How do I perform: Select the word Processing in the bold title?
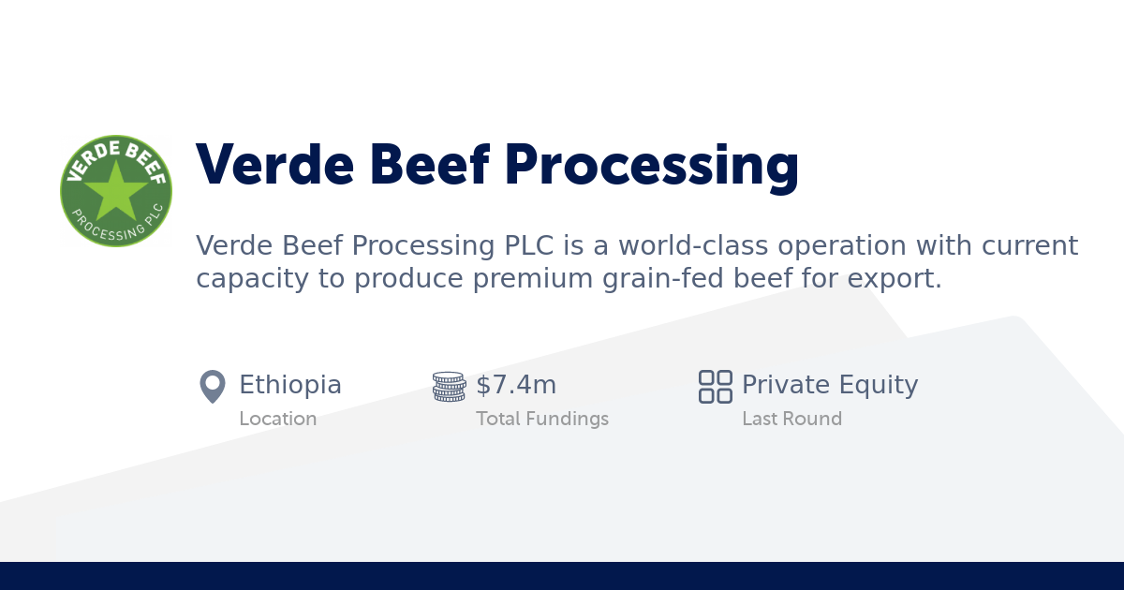pos(651,165)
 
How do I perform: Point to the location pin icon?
pos(213,386)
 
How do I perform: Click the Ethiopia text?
pos(290,385)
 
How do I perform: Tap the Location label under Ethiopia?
pos(277,419)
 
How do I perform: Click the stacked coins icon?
pos(449,386)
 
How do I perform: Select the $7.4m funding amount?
pos(516,385)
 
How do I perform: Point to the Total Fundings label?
pos(542,419)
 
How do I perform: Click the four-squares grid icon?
pos(716,386)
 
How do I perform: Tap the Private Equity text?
pos(830,385)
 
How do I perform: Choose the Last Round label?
pos(791,419)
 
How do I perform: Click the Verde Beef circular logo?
pos(116,190)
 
